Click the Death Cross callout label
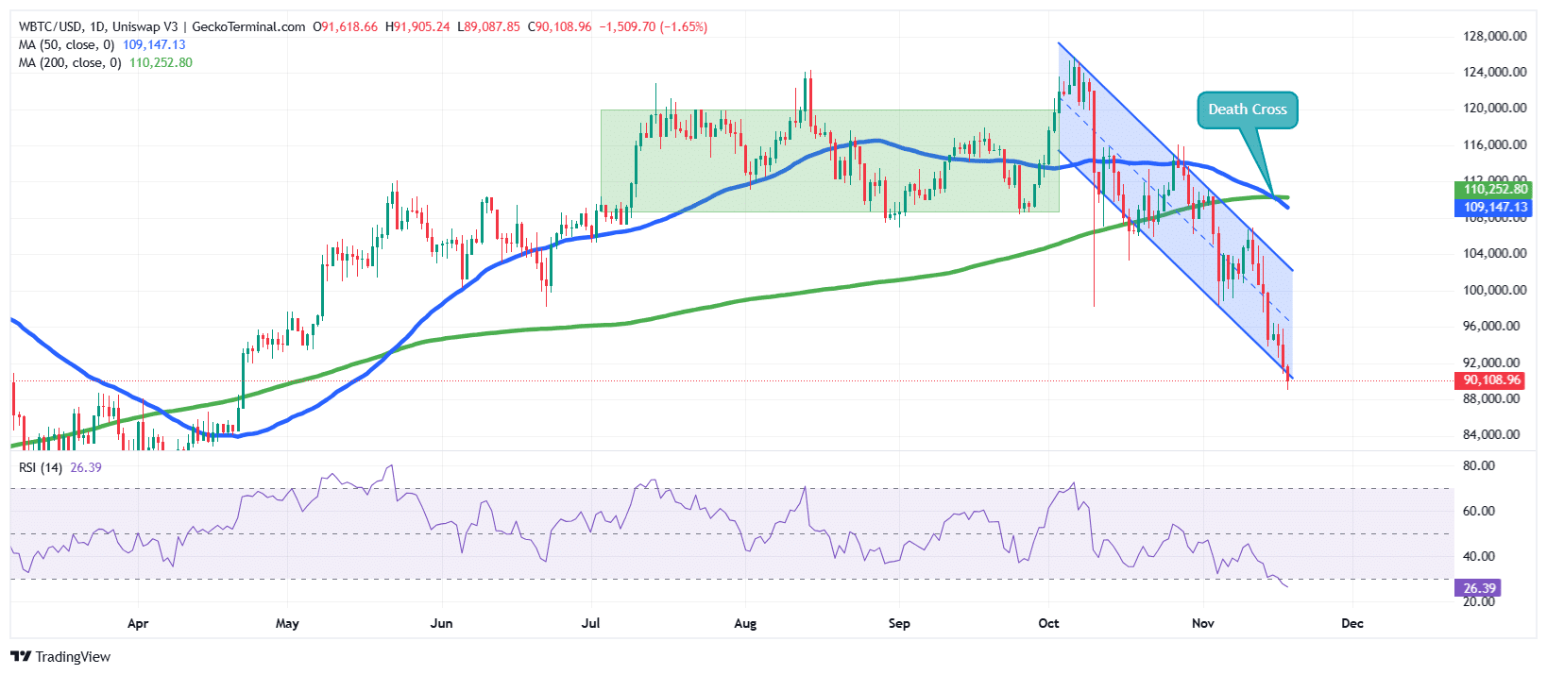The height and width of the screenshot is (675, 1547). tap(1247, 110)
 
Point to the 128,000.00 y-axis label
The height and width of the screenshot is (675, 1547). tap(1494, 37)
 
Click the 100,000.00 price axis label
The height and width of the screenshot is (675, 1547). tap(1494, 290)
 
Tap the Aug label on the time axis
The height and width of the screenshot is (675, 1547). tap(745, 624)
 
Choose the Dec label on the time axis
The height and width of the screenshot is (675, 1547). tap(1352, 624)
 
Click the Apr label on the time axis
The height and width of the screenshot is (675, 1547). tap(138, 624)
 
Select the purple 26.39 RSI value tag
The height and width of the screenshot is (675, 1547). tap(1479, 588)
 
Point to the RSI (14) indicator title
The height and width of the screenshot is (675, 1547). tap(41, 467)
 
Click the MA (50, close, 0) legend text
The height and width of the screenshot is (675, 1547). tap(66, 45)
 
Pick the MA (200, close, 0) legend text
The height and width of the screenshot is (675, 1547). tap(70, 63)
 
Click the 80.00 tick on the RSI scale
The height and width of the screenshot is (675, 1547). tap(1479, 466)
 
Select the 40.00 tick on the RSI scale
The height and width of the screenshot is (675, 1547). tap(1479, 557)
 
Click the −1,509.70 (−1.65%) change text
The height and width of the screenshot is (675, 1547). tap(653, 27)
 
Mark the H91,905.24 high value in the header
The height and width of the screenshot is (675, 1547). tap(417, 27)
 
